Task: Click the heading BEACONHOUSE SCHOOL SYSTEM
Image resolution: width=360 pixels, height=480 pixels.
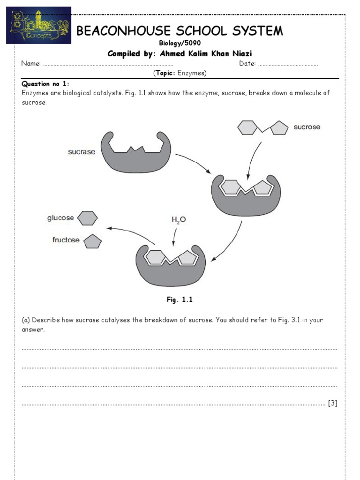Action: click(x=180, y=31)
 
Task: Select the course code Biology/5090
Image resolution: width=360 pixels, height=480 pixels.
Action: click(x=180, y=43)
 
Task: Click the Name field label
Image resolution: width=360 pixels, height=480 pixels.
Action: click(x=31, y=64)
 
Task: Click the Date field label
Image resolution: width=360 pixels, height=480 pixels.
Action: click(x=247, y=64)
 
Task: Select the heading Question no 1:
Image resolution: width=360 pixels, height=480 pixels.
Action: click(x=45, y=83)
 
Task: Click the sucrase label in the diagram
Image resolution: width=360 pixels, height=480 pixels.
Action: click(x=82, y=152)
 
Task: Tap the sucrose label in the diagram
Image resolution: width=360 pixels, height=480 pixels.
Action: click(x=307, y=127)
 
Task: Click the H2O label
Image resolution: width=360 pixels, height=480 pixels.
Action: click(x=178, y=219)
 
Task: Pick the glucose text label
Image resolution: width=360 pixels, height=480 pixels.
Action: click(x=60, y=217)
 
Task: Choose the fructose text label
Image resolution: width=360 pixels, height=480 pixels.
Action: click(x=66, y=240)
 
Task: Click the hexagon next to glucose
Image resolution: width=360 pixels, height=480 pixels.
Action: click(x=87, y=218)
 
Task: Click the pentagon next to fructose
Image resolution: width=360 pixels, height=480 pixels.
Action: click(x=92, y=241)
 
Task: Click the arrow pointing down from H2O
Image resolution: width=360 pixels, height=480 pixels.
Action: click(x=174, y=236)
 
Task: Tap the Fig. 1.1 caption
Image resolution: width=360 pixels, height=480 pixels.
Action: click(x=180, y=300)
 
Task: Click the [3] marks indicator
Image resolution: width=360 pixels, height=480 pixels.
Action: click(x=332, y=403)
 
